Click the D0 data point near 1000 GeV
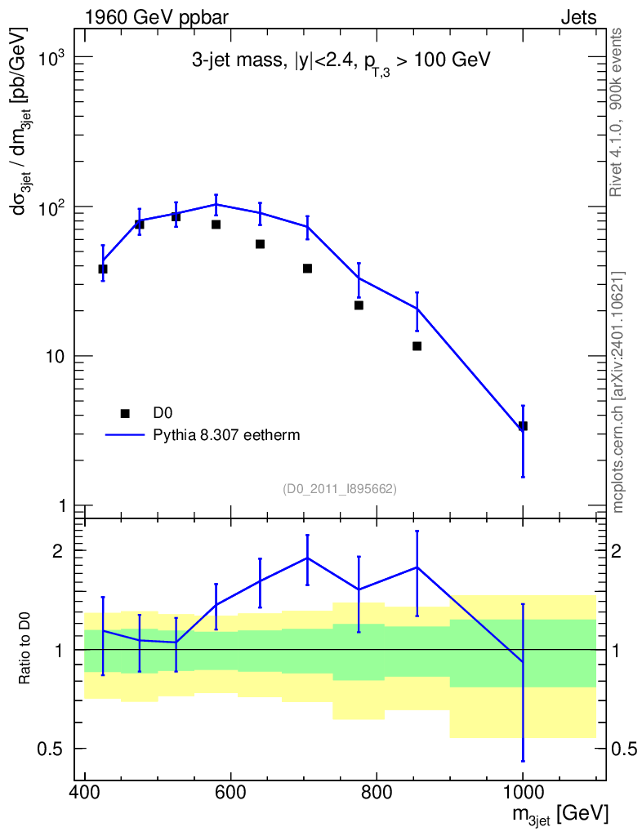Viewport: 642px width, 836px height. tap(523, 425)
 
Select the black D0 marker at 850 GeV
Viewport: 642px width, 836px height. tap(417, 346)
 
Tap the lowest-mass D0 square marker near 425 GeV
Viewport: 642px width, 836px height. tap(103, 269)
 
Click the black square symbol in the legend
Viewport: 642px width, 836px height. tap(125, 413)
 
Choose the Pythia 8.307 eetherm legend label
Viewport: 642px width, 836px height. tap(226, 435)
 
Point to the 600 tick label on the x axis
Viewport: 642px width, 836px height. tap(231, 792)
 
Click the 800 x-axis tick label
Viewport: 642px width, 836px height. tap(377, 792)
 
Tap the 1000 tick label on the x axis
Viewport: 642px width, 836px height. tap(523, 792)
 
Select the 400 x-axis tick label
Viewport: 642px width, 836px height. tap(85, 792)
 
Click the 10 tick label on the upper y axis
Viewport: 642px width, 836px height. tap(54, 356)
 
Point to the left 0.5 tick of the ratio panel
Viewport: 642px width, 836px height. tap(50, 749)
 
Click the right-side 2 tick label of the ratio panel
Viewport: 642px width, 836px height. tap(616, 551)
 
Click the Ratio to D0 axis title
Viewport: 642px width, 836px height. tap(25, 647)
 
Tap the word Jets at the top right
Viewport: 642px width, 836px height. tap(578, 18)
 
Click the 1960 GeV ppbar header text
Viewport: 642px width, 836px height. tap(157, 19)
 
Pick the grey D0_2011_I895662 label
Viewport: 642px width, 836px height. tap(340, 488)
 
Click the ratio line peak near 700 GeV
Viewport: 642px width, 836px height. tap(307, 558)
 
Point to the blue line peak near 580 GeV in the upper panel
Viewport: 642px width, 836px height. tap(216, 204)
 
